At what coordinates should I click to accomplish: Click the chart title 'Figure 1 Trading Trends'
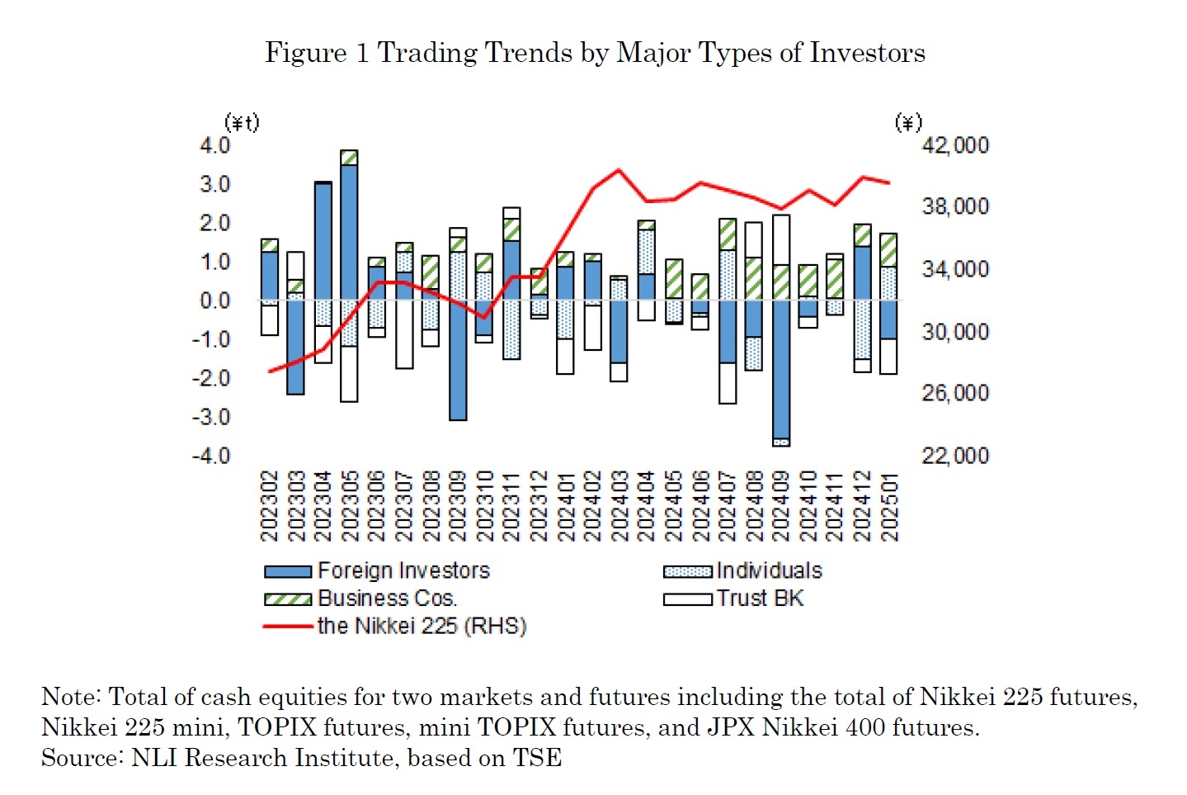(594, 53)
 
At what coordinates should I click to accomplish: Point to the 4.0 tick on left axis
(214, 145)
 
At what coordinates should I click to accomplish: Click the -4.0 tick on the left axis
(211, 456)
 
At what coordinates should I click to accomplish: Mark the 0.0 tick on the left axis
(214, 300)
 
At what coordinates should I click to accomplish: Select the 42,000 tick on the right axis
(954, 145)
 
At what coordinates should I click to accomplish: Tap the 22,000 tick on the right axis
(954, 456)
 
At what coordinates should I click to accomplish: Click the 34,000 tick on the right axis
(954, 269)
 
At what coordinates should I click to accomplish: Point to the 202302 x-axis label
(270, 506)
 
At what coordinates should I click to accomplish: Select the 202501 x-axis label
(889, 506)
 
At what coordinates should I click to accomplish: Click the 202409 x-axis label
(781, 506)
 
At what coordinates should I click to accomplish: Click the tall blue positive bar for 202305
(349, 231)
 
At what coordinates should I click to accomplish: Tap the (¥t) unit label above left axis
(242, 123)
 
